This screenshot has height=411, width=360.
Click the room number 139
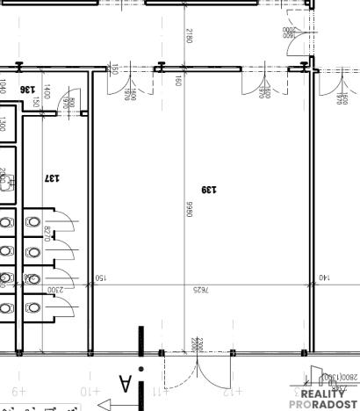(208, 188)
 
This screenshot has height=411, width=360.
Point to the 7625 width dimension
(201, 288)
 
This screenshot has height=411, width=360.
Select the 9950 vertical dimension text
(188, 208)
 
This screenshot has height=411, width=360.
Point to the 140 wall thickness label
(324, 278)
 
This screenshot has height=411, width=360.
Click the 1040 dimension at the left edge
(3, 86)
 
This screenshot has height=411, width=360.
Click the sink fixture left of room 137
(5, 182)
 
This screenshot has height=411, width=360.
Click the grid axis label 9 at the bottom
(19, 390)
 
